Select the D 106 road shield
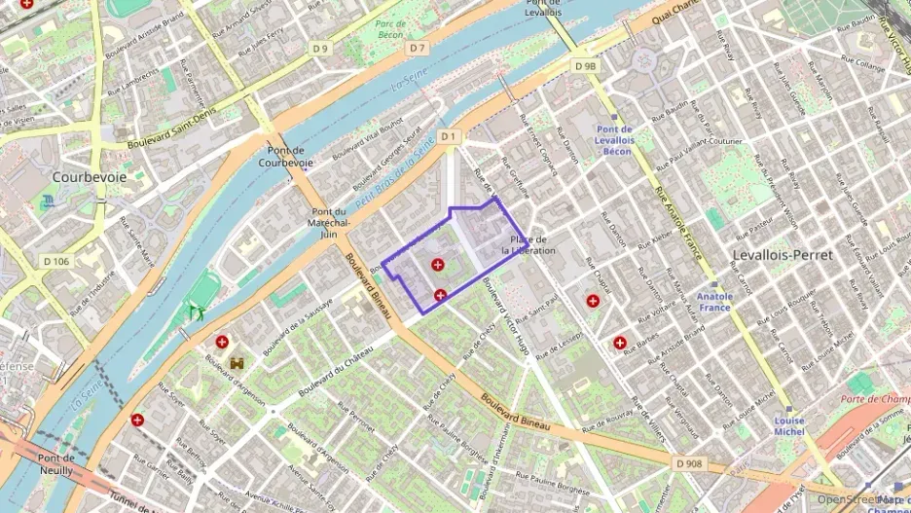[x=57, y=261]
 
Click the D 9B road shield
[x=584, y=66]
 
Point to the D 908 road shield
[x=687, y=463]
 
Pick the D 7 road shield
[x=418, y=48]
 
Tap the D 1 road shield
[x=448, y=137]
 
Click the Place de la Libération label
[x=528, y=245]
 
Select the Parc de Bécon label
[x=389, y=29]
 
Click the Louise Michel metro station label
[x=788, y=425]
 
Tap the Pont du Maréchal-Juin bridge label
[x=328, y=222]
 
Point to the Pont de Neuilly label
[x=55, y=464]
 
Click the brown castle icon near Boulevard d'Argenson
[x=237, y=362]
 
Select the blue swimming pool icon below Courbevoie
[x=49, y=202]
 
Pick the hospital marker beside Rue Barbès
[x=620, y=343]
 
